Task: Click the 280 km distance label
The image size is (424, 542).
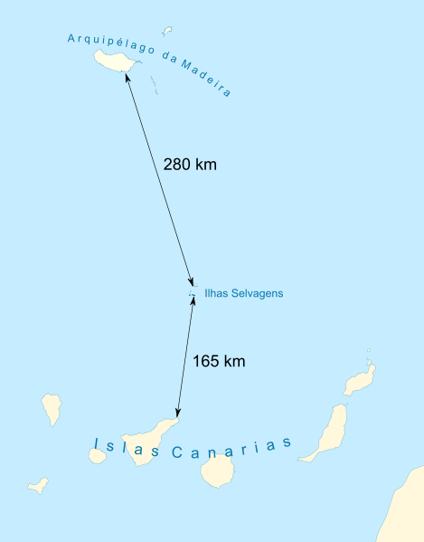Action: pos(190,165)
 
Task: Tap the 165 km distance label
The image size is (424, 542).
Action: pos(219,361)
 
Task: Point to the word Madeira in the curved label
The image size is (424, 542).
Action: pos(206,77)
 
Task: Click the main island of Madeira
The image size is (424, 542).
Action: pos(114,62)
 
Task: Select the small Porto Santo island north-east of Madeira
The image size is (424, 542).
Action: pos(166,31)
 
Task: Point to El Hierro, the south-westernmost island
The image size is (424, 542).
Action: pos(37,485)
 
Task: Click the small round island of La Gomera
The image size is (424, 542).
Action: pos(97,455)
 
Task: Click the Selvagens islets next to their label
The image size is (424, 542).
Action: pos(191,291)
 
